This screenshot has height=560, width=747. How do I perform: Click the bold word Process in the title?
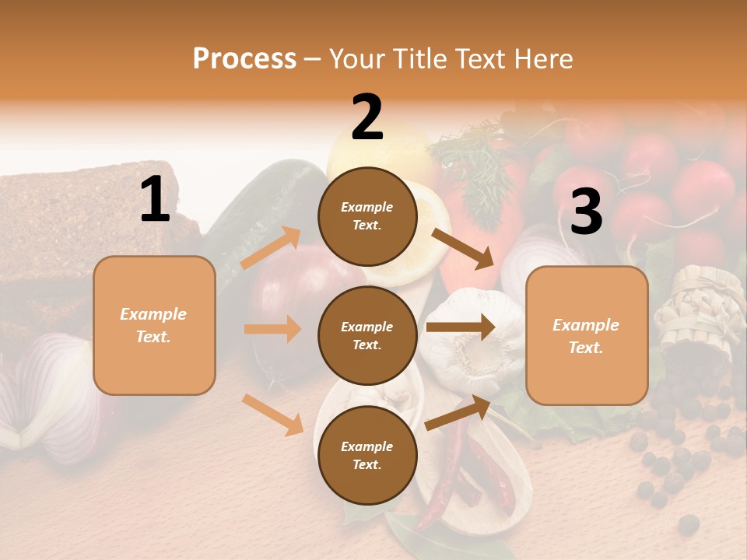244,58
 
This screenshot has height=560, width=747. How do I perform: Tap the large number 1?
155,200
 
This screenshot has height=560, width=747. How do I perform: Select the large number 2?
367,117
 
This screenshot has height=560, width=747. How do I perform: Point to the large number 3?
586,212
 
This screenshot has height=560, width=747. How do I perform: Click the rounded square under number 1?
154,325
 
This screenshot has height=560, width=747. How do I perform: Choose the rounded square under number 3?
587,335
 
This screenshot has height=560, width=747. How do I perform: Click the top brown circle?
367,216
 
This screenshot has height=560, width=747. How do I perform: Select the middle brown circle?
367,335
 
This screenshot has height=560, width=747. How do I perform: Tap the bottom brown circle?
367,455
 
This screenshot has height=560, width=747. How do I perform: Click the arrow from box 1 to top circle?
271,248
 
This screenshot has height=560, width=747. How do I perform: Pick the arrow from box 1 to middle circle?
272,329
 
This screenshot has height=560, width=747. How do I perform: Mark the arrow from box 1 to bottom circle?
273,415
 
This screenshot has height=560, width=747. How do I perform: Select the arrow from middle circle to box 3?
461,327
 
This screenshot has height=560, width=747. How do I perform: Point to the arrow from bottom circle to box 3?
458,413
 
